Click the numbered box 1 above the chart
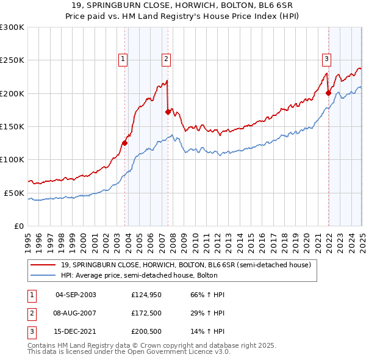click(x=123, y=59)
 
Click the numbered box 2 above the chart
click(x=166, y=59)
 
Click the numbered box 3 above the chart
click(x=326, y=59)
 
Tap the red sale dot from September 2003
click(x=124, y=143)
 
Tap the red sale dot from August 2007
click(x=168, y=112)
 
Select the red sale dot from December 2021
click(x=328, y=93)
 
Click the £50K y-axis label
click(x=14, y=193)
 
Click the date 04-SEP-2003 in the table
click(x=76, y=295)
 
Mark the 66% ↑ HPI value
click(x=203, y=295)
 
